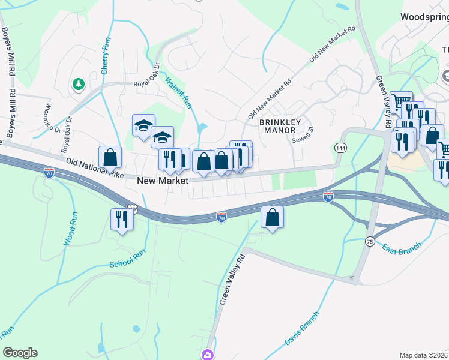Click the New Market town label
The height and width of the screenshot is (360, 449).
point(163,180)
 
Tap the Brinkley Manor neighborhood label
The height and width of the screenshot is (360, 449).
point(277,126)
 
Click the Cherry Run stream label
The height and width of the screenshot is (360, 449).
point(106,55)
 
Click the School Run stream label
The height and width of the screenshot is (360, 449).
point(128,259)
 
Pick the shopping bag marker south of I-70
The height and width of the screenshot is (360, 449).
point(273,217)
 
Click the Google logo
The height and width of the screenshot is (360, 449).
point(20,353)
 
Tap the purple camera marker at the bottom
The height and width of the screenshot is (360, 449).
point(208,355)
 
